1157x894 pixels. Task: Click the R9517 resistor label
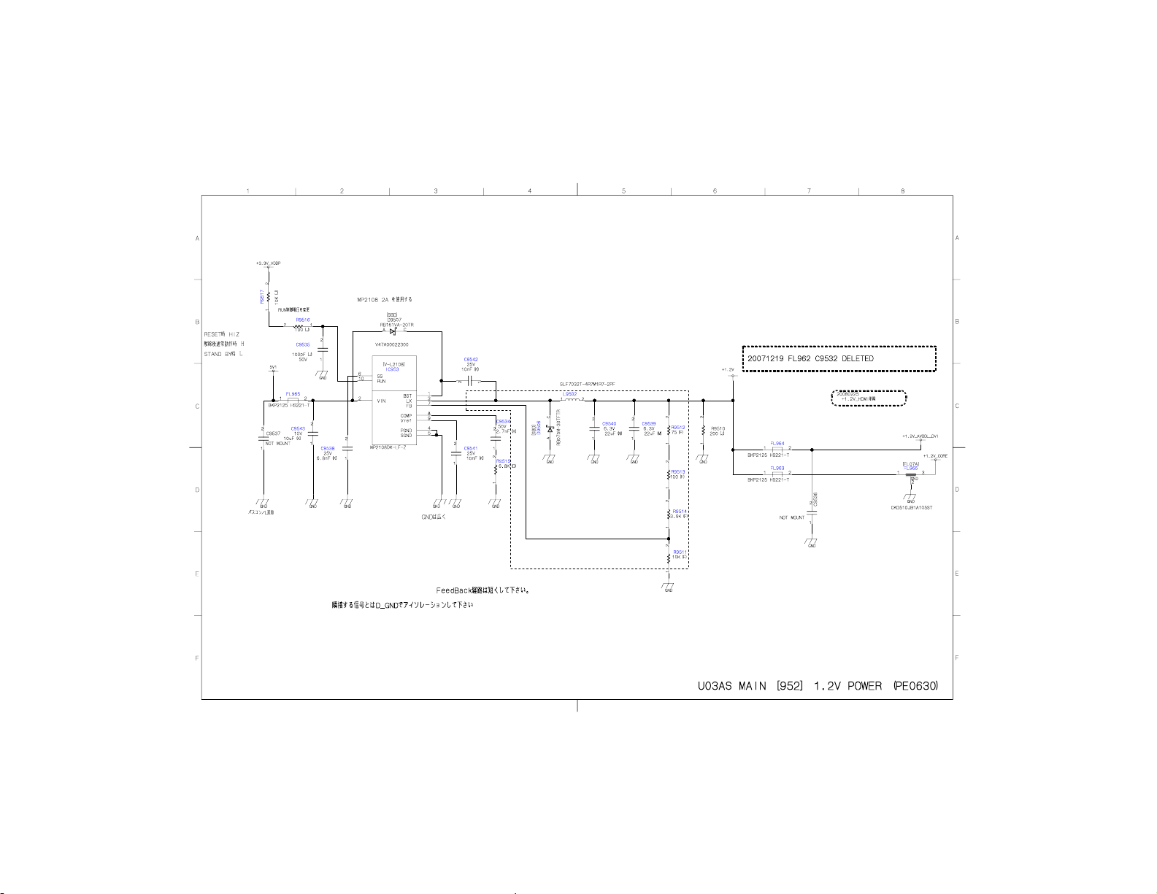click(261, 296)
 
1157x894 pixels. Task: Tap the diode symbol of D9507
click(393, 331)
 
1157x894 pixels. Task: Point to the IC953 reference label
click(393, 369)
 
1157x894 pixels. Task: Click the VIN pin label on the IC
click(381, 401)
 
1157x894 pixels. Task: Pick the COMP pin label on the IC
click(406, 416)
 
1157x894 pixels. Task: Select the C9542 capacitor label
click(471, 359)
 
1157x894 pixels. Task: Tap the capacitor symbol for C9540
click(595, 428)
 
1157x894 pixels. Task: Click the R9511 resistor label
click(679, 552)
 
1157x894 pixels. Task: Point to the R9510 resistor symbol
click(703, 431)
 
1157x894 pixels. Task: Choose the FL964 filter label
click(777, 443)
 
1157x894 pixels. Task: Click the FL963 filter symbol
click(777, 474)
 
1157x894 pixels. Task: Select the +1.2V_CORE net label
click(934, 456)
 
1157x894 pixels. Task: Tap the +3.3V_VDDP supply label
click(268, 263)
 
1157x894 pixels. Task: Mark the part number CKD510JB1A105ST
click(911, 507)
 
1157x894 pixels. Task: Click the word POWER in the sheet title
click(864, 686)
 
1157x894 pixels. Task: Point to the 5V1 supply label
click(273, 367)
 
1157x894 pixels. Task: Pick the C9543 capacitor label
click(298, 428)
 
